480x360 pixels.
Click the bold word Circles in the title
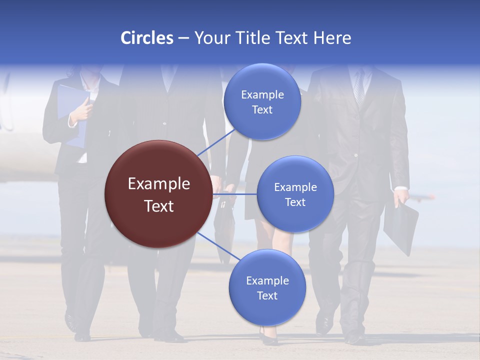[x=146, y=38]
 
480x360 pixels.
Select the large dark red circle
[x=158, y=194]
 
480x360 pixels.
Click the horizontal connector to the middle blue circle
[x=235, y=194]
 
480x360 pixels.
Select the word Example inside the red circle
[x=159, y=184]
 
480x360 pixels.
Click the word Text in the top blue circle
[x=262, y=110]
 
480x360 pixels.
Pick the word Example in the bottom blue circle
[x=267, y=280]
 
